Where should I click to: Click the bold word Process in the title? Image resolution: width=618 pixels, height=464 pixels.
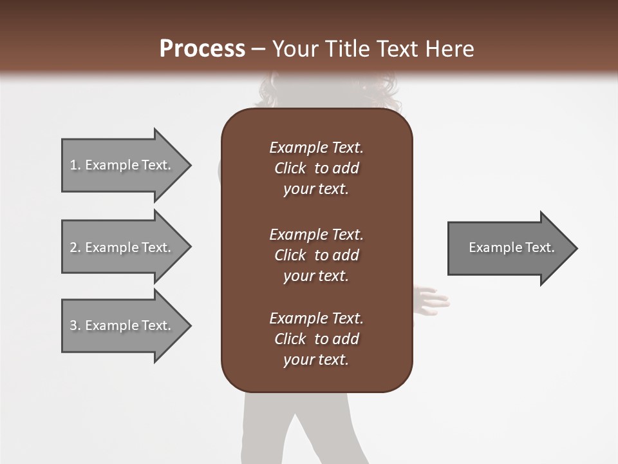(x=202, y=49)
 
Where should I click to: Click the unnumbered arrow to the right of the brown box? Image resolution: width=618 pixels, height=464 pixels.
(x=509, y=247)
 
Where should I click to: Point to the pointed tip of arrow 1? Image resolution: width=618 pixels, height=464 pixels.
(x=190, y=165)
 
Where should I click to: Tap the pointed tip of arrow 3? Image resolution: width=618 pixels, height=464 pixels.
(x=190, y=325)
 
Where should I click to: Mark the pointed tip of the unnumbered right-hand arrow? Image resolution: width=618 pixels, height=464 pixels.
(x=576, y=247)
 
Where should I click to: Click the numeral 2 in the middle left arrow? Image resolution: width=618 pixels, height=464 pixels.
(x=73, y=247)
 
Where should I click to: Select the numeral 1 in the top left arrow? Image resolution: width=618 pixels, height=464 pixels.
(x=73, y=165)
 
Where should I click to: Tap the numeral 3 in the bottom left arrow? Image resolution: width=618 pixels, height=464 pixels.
(x=73, y=325)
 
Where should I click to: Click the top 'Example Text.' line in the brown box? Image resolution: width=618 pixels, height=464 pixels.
(x=316, y=148)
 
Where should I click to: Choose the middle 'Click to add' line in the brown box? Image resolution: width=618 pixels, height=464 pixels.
(x=316, y=255)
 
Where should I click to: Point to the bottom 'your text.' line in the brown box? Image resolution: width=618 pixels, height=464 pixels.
(x=316, y=360)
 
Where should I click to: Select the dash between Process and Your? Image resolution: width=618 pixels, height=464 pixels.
(x=258, y=49)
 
